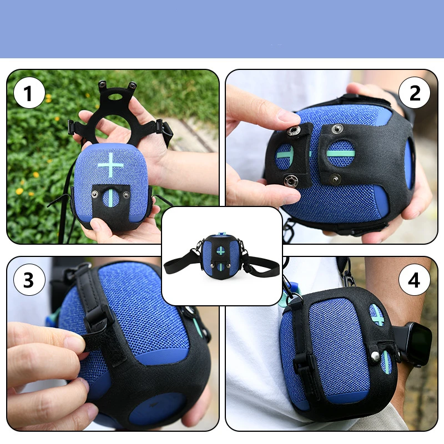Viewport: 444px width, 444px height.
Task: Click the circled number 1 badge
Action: click(29, 93)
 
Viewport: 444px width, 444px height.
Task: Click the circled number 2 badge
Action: click(415, 93)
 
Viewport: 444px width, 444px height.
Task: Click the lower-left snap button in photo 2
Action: click(289, 180)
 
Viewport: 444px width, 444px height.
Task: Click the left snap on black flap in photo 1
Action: click(95, 194)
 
